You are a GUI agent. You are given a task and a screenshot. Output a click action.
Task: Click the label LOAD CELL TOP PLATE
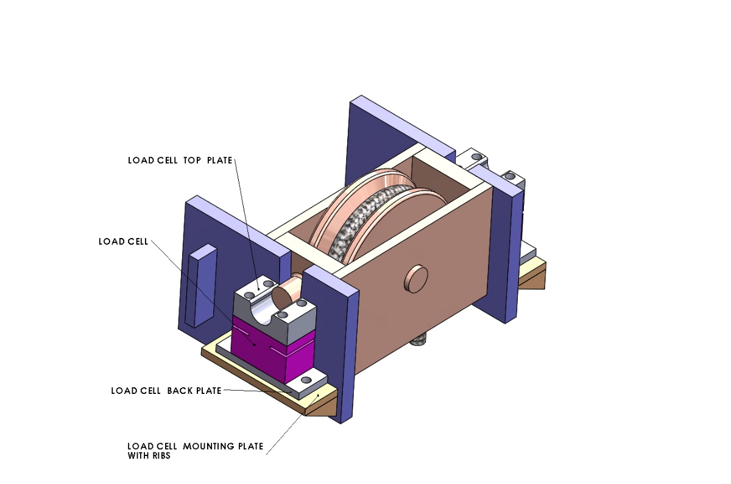click(180, 161)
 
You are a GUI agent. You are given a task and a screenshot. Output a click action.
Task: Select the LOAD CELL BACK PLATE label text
click(166, 390)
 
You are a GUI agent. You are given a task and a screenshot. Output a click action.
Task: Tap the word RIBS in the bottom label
click(158, 455)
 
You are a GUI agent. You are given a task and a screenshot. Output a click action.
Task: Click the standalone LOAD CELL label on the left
click(123, 242)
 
